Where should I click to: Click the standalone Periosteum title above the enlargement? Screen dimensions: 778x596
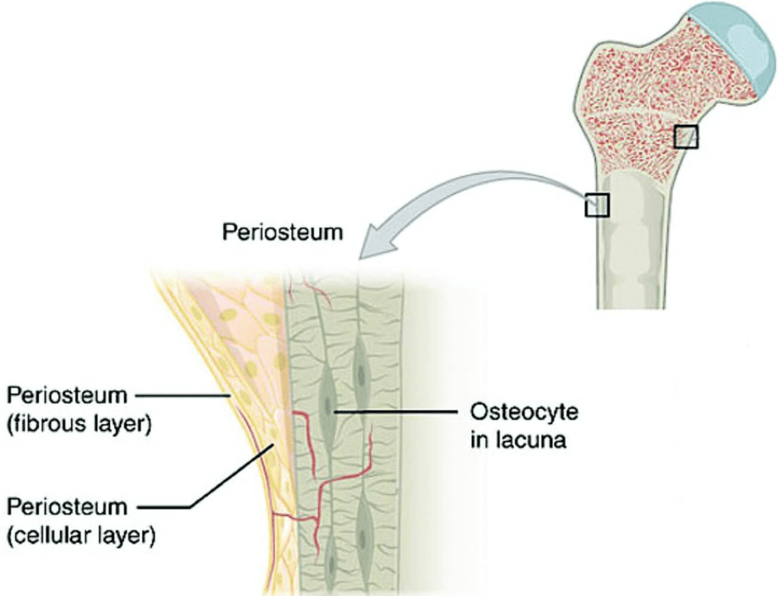(x=282, y=233)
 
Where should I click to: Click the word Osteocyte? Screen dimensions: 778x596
(x=524, y=412)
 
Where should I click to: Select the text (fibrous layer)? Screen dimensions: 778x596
(x=79, y=425)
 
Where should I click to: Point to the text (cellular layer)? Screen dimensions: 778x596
(x=81, y=536)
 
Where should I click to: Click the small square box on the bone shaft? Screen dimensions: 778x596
(x=597, y=204)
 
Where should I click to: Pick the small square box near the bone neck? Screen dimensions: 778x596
(x=685, y=137)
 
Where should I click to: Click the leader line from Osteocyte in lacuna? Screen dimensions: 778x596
(x=394, y=412)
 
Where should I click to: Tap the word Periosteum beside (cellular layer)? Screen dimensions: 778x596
(x=67, y=507)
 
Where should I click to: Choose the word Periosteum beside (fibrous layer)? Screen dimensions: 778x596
(x=67, y=396)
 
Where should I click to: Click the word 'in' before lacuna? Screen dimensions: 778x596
(x=479, y=440)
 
